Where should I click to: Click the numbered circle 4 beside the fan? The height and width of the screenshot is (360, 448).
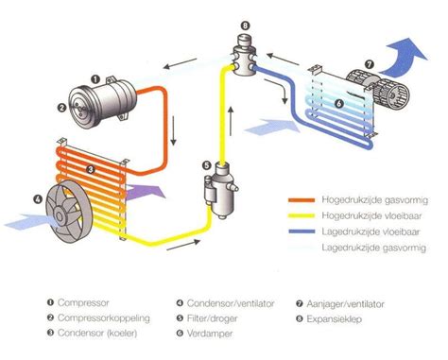pyautogui.click(x=37, y=198)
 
